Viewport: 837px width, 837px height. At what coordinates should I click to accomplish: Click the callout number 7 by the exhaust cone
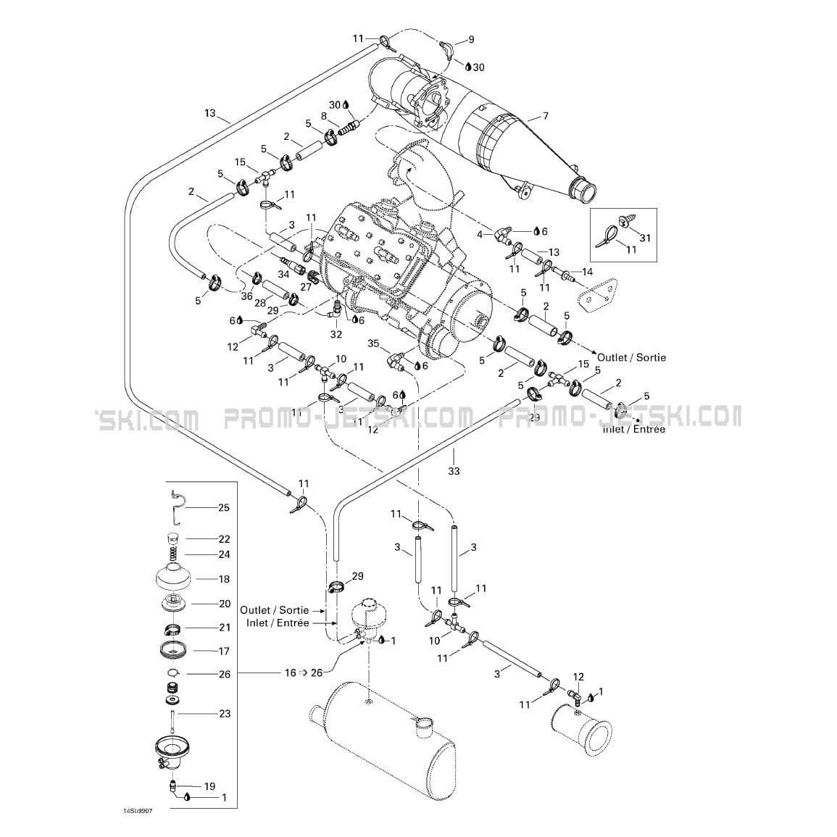click(x=545, y=116)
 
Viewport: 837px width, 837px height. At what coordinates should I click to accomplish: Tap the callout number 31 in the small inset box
click(x=646, y=238)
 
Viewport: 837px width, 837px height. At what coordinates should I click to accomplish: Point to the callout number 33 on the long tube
click(x=454, y=472)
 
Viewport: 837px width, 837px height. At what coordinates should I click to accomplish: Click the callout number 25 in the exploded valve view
click(x=223, y=507)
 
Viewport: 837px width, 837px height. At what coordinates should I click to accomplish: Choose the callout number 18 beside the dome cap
click(x=223, y=579)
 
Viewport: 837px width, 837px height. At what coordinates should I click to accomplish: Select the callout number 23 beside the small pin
click(x=224, y=714)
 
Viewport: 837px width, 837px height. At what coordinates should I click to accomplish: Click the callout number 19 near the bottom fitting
click(x=209, y=786)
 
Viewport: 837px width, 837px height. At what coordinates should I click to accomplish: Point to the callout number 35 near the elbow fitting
click(x=373, y=343)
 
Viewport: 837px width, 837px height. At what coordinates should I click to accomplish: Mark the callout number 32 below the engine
click(x=336, y=334)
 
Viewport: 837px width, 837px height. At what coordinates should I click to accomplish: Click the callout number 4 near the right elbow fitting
click(x=479, y=233)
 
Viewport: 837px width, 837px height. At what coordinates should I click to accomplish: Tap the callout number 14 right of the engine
click(x=587, y=271)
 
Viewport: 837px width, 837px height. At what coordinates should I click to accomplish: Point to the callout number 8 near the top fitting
click(x=323, y=117)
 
